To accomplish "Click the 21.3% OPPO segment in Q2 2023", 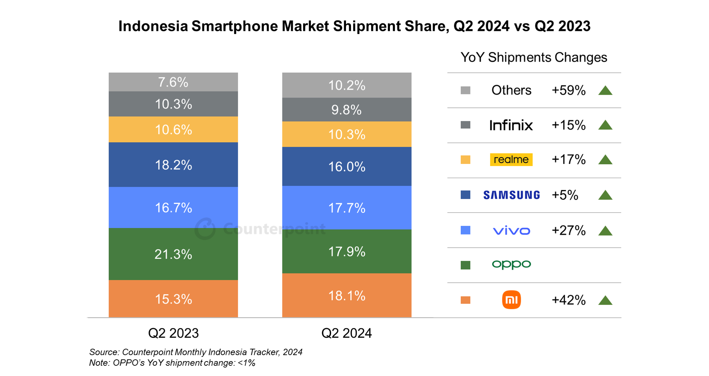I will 173,254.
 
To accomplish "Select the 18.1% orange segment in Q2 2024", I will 347,295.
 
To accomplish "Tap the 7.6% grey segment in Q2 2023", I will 173,82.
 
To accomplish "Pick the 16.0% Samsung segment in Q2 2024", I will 347,166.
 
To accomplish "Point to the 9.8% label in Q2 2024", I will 346,110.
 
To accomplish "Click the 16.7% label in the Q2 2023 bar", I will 173,208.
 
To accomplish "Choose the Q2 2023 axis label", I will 173,333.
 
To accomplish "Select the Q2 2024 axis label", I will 346,333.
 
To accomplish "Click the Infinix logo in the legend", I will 511,125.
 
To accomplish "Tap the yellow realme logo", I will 511,160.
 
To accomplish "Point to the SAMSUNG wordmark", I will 512,195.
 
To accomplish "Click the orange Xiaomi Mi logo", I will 511,300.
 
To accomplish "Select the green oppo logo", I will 511,264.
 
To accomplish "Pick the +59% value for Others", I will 568,90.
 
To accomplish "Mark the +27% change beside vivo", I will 568,231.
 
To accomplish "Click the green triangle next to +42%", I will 605,301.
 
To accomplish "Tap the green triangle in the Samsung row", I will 605,195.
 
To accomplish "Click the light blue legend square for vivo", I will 465,230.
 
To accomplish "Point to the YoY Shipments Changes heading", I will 534,57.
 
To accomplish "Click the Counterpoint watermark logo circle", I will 205,229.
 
